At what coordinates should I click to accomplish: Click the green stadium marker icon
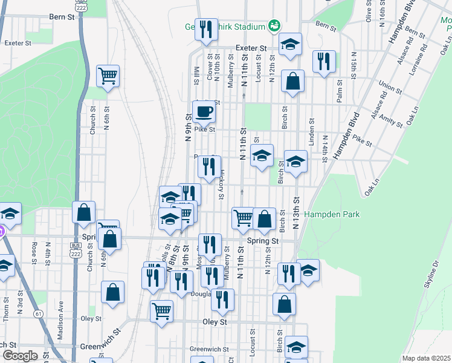coord(275,25)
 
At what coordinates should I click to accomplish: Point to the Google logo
coord(19,356)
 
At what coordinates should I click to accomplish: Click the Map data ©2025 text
coord(427,358)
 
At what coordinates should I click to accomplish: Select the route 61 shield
coord(38,313)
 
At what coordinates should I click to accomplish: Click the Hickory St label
coord(222,186)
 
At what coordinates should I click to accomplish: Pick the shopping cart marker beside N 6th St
coord(108,76)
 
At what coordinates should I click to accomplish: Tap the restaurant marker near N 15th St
coord(324,61)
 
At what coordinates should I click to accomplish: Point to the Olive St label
coord(369,11)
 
